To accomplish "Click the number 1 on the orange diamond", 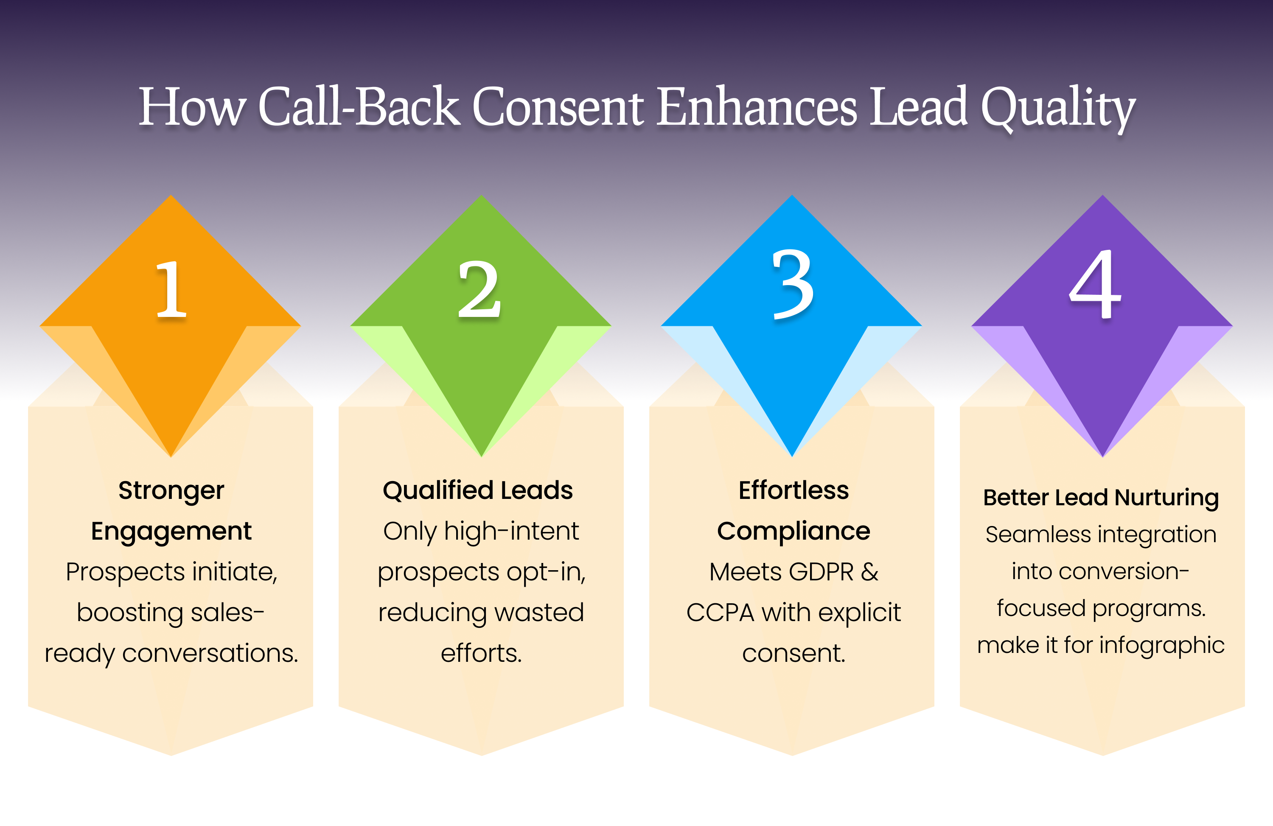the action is tap(171, 289).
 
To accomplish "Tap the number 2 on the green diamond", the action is tap(480, 289).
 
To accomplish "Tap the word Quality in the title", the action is tap(1058, 109).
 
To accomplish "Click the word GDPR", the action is tap(821, 571).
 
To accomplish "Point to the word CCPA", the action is tap(720, 612).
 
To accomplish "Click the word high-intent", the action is tap(511, 532).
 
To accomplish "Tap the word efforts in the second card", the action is tap(481, 653).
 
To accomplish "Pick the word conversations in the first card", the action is tap(210, 653).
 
